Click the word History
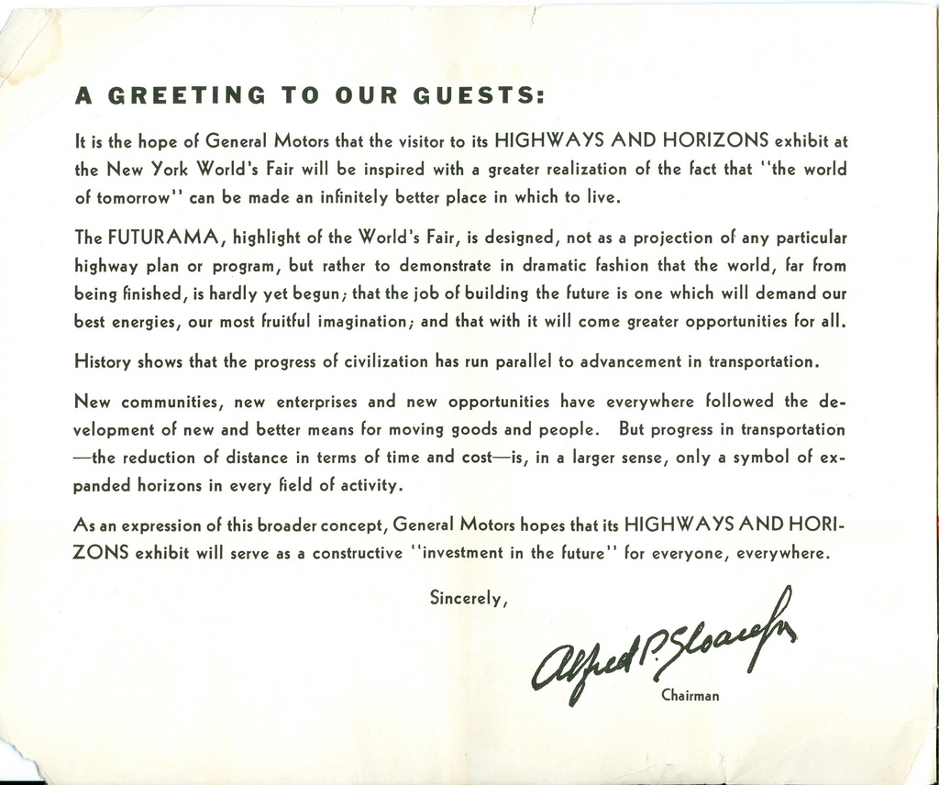pyautogui.click(x=102, y=361)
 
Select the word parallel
pyautogui.click(x=523, y=361)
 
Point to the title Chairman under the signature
pyautogui.click(x=690, y=695)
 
